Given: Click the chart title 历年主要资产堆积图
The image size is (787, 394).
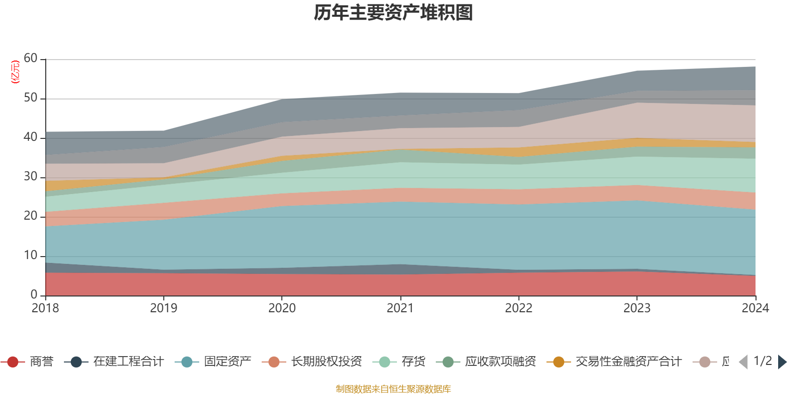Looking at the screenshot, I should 393,13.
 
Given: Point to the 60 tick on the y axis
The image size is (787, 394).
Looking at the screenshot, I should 30,59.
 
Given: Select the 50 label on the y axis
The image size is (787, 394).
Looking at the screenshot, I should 30,98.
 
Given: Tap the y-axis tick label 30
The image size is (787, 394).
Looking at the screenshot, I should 30,177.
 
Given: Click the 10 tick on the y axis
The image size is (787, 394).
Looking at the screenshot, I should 30,256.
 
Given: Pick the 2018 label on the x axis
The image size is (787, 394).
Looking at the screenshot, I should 45,308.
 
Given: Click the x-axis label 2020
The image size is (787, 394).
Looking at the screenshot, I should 282,308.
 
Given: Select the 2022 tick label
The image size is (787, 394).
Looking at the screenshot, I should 518,308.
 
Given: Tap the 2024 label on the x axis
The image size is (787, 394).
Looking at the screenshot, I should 755,308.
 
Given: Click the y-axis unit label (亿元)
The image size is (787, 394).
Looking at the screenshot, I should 15,72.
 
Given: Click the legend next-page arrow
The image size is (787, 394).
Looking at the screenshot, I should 782,362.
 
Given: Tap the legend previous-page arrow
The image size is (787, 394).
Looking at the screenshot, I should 743,362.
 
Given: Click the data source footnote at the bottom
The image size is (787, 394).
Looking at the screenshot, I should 393,389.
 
